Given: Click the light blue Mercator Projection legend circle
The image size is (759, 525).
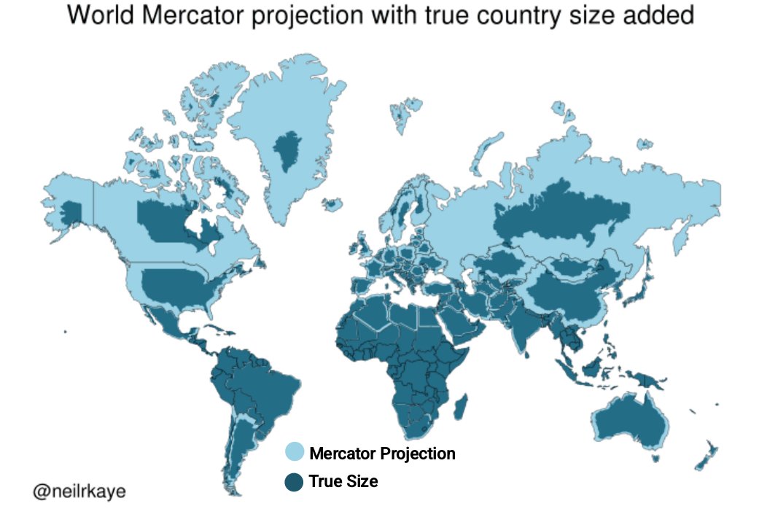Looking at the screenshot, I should (x=294, y=453).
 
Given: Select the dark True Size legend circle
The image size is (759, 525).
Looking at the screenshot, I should (x=294, y=481).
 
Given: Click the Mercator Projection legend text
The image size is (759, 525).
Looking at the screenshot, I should (x=382, y=454).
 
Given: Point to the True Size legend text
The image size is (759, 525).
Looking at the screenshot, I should (x=343, y=481).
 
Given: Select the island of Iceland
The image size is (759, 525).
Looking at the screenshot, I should (x=332, y=204).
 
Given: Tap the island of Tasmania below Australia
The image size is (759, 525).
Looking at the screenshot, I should (x=657, y=458).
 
